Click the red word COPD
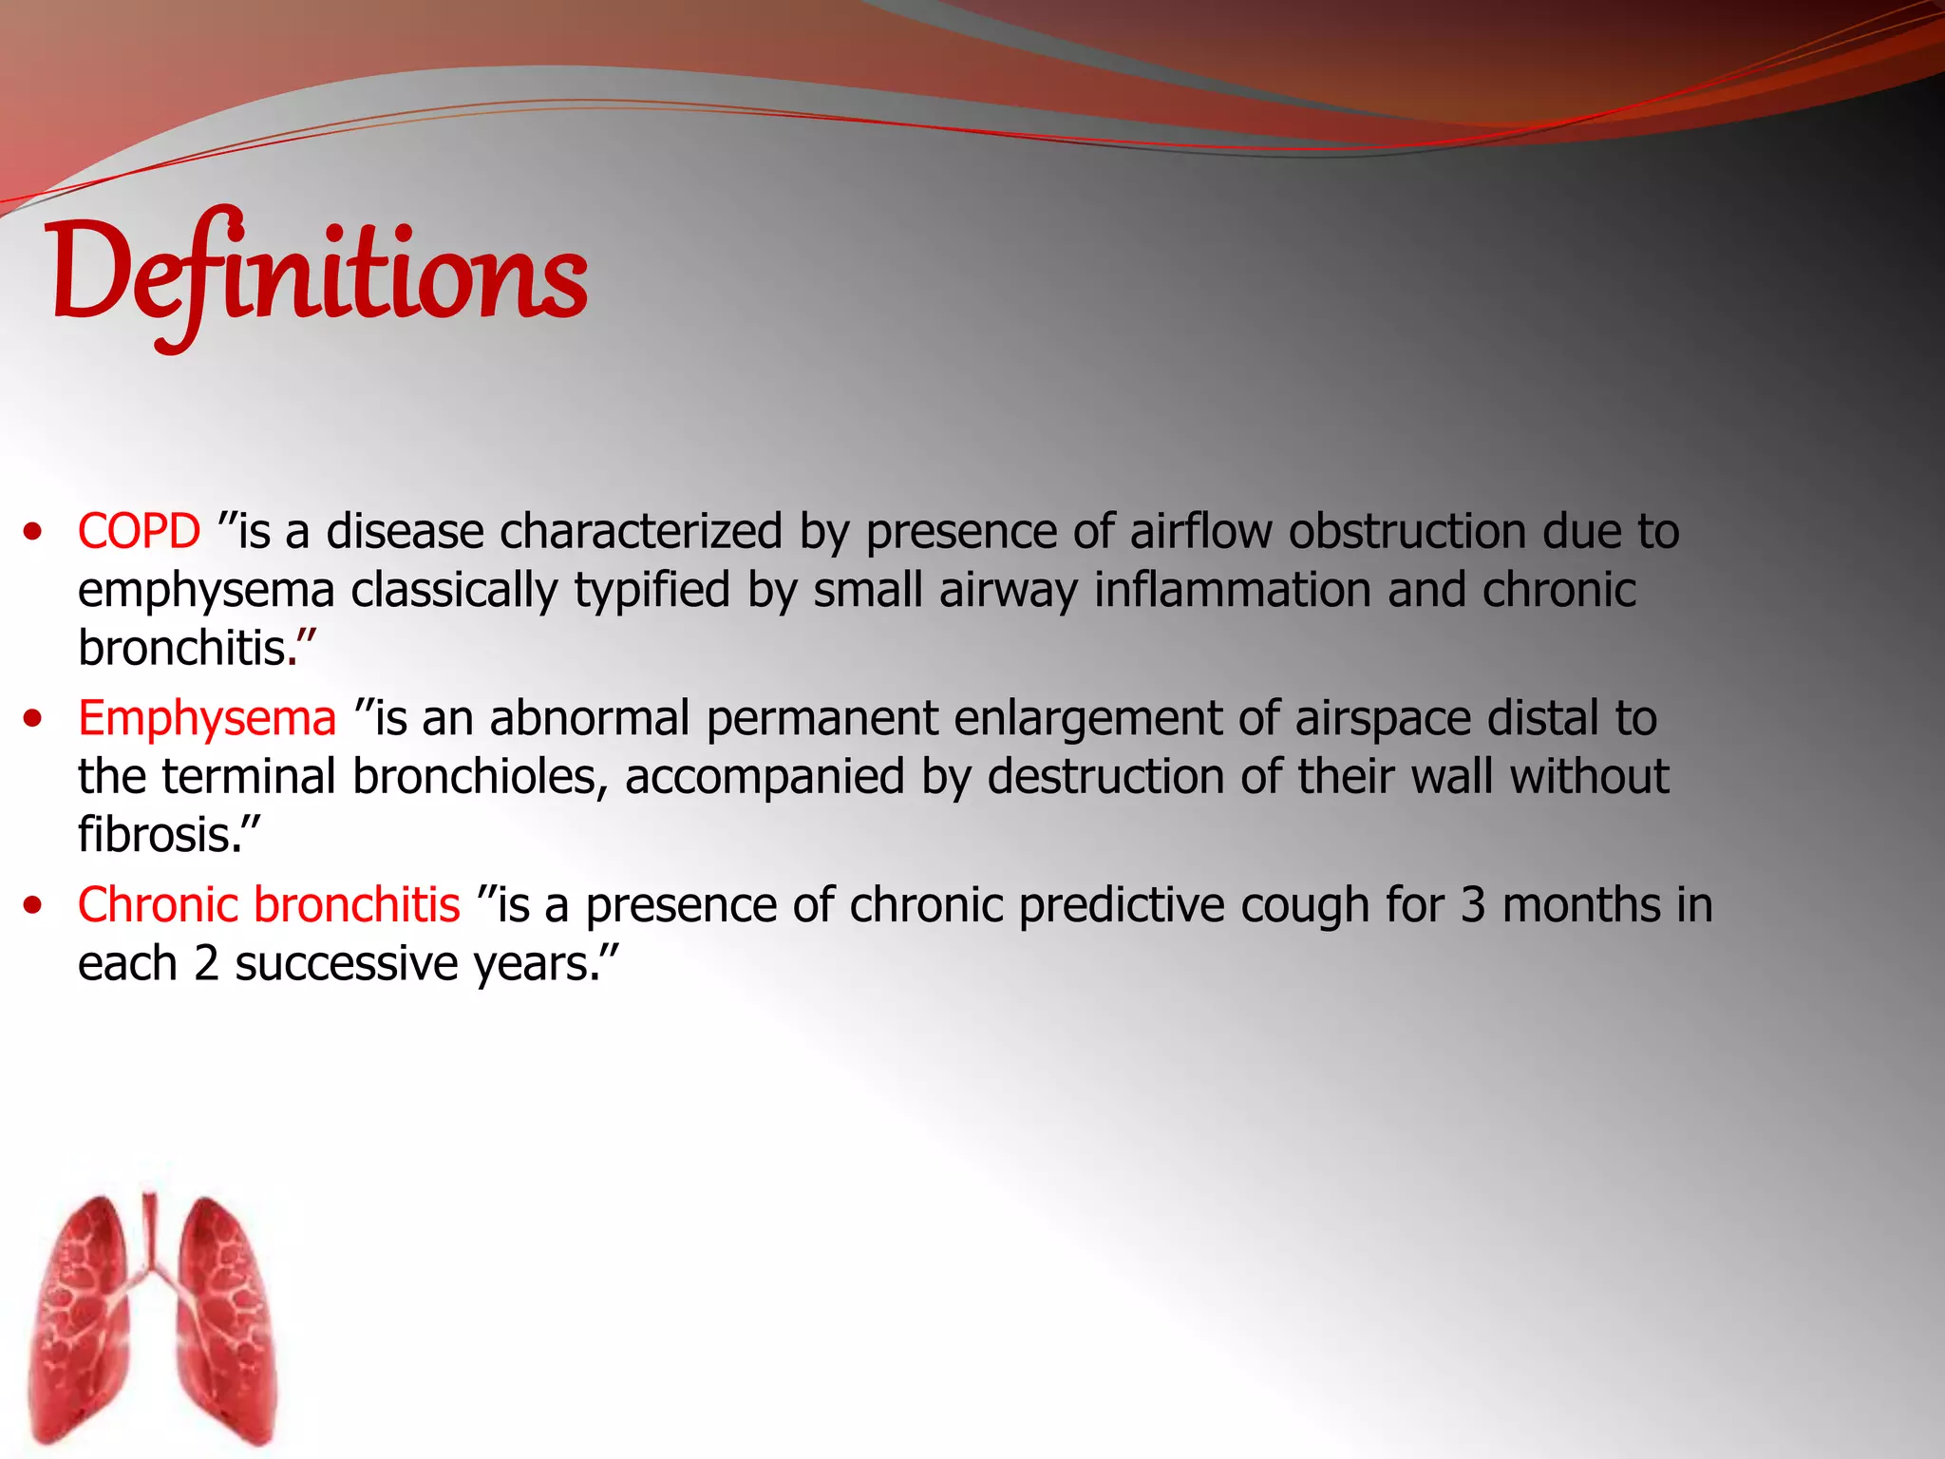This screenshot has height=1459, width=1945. click(x=139, y=531)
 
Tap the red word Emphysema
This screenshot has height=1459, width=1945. click(x=207, y=718)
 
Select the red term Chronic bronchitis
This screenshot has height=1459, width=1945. click(x=269, y=904)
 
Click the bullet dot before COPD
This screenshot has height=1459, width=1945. click(x=34, y=532)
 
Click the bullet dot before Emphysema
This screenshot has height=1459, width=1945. click(x=34, y=719)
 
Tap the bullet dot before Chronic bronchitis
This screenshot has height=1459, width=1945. click(x=34, y=905)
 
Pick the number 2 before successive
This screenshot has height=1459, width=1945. click(x=206, y=964)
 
